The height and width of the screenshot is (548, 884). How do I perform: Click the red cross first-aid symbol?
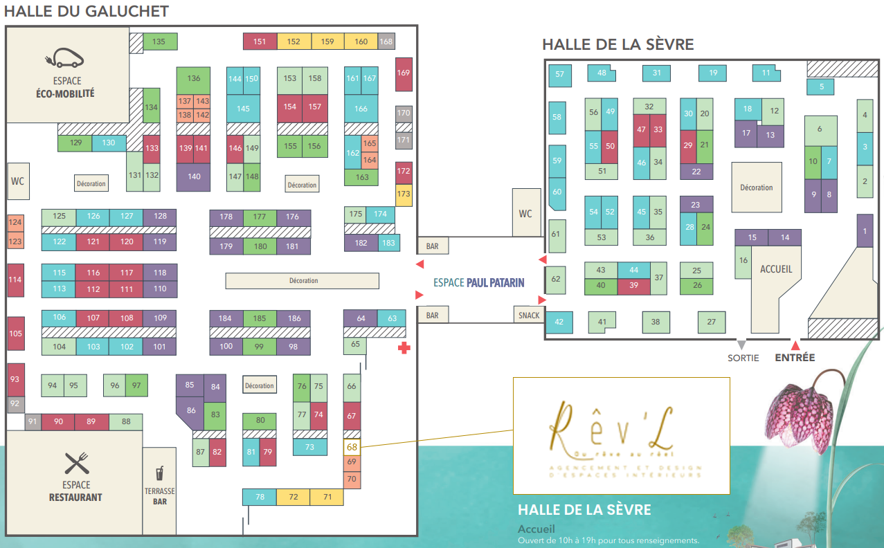tap(403, 348)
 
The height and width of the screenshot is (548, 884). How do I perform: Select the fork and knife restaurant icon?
tap(77, 463)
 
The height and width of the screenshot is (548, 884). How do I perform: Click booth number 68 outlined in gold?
tap(352, 447)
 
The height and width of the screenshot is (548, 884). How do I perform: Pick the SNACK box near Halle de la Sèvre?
tap(529, 315)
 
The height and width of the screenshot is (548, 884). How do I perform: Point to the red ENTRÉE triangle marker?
tap(795, 345)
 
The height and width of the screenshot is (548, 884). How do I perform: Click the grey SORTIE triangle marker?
tap(741, 345)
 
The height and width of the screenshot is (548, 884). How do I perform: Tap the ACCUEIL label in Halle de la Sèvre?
tap(775, 268)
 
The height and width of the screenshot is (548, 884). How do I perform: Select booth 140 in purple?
tap(194, 176)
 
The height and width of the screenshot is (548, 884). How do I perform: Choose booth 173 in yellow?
tap(404, 194)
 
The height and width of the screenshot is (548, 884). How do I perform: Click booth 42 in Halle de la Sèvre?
tap(559, 322)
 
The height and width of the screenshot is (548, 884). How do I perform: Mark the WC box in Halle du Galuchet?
tap(17, 181)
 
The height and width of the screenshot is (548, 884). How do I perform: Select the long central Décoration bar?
tap(303, 280)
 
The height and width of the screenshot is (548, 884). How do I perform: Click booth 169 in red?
tap(404, 73)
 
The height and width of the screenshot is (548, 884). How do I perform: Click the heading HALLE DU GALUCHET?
tap(87, 11)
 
